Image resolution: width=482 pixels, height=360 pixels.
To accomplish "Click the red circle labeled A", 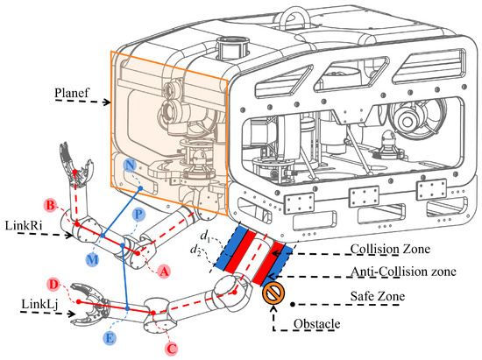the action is coord(164,272).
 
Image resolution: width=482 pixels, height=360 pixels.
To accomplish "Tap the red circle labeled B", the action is coord(51,205).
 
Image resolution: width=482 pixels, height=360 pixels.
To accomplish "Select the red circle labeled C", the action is coord(172,349).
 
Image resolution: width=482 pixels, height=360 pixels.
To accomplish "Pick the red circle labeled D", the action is coord(53,285).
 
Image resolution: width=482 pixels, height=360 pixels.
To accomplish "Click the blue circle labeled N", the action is coord(130,166).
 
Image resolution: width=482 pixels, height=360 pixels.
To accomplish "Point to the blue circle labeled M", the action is coord(92,260).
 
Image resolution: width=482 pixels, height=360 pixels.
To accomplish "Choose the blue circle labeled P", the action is coord(139,214).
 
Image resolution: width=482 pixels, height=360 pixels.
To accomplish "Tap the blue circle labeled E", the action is coord(110,338).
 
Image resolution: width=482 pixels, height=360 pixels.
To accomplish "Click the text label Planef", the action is coord(72,93).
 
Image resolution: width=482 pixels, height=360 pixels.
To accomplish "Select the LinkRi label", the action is coord(24,225).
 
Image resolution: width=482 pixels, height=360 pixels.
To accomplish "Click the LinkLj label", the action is coord(39,305).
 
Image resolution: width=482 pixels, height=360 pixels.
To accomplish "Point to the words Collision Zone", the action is coord(390,249).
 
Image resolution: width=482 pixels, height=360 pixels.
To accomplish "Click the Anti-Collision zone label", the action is coord(404,272).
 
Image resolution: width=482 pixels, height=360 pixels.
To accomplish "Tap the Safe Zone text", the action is coord(378,296).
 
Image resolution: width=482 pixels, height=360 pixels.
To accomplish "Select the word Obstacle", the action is coord(317,324).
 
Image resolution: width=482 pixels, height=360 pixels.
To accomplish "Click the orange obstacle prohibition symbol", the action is coord(273,293).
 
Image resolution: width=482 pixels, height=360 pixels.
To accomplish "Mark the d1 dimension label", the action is coord(205,236).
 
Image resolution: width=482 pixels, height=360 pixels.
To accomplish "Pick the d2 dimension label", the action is coord(195,250).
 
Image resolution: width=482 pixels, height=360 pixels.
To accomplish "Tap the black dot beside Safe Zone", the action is coord(293,305).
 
